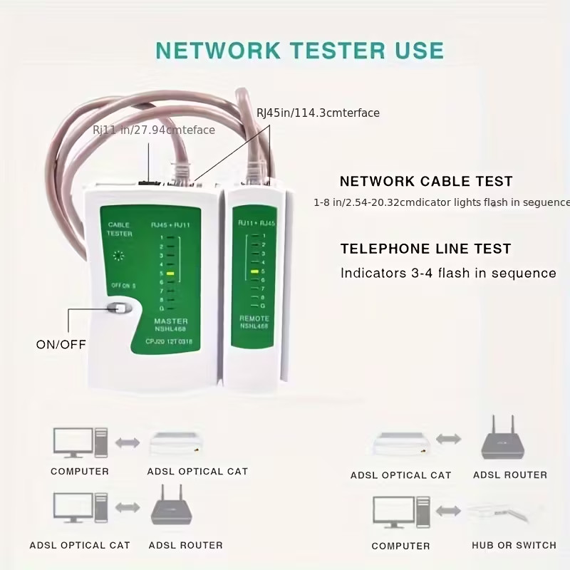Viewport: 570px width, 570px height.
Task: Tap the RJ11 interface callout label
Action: [x=154, y=130]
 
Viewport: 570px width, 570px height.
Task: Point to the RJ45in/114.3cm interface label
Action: [x=318, y=113]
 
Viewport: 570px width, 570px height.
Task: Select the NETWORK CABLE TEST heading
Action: [x=426, y=182]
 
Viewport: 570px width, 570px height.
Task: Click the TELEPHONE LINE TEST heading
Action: [x=425, y=249]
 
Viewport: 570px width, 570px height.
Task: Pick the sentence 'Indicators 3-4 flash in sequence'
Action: [x=448, y=273]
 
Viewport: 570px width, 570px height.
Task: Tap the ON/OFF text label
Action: [x=61, y=344]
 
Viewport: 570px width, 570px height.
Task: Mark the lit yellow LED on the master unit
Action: [x=170, y=273]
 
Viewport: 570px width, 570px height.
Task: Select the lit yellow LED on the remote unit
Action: [x=254, y=271]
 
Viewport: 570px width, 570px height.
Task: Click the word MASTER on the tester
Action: [x=171, y=321]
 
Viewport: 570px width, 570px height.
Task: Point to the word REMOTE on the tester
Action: [x=254, y=318]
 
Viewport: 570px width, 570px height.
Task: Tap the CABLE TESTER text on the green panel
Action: [x=119, y=229]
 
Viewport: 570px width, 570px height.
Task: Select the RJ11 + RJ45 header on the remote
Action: [x=256, y=224]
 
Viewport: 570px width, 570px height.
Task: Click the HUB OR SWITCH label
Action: [x=514, y=545]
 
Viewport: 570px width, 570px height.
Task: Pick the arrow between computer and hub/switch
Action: [x=448, y=511]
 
